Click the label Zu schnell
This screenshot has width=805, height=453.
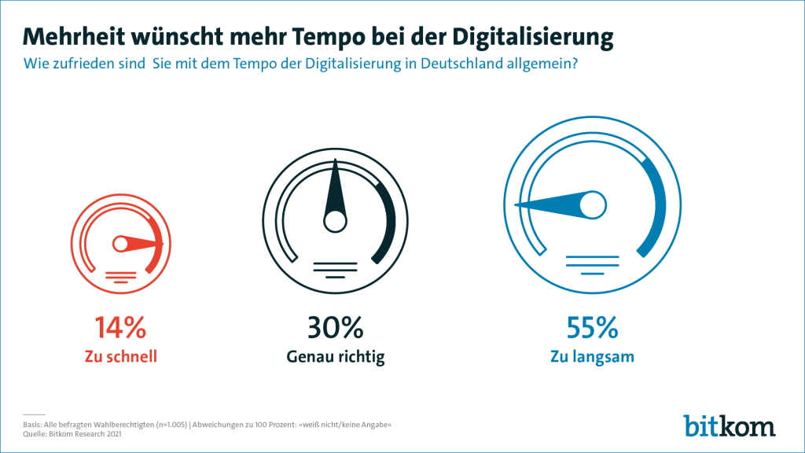[120, 356]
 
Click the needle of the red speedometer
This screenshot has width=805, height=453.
[142, 244]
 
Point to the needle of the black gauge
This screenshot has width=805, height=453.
[336, 189]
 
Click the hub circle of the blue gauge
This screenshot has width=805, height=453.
[593, 206]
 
